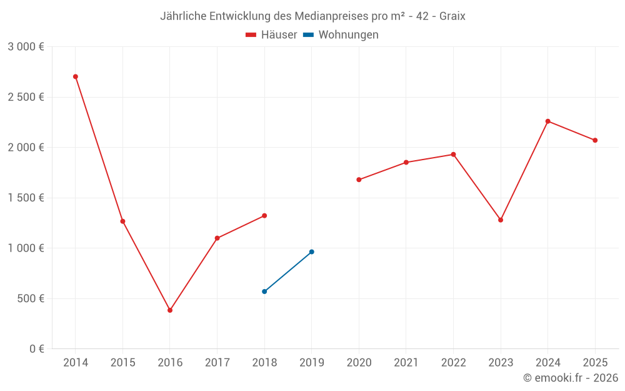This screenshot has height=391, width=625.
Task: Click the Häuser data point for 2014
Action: pyautogui.click(x=76, y=76)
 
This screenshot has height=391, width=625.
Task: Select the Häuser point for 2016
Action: pyautogui.click(x=170, y=310)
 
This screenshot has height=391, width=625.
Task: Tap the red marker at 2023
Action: pyautogui.click(x=501, y=220)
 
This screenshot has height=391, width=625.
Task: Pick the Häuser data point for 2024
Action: pyautogui.click(x=548, y=121)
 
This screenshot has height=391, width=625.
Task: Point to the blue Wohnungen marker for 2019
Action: pyautogui.click(x=312, y=251)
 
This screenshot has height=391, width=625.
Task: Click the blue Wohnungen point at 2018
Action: pyautogui.click(x=264, y=291)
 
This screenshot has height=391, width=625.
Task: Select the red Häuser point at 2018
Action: pyautogui.click(x=264, y=215)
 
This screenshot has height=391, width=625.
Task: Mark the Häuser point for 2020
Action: pyautogui.click(x=359, y=180)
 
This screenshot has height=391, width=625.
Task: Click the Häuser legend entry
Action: pyautogui.click(x=271, y=35)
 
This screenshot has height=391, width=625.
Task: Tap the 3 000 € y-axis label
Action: pyautogui.click(x=26, y=47)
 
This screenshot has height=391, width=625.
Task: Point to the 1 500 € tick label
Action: pyautogui.click(x=26, y=198)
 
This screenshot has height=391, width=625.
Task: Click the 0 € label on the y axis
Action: pyautogui.click(x=36, y=348)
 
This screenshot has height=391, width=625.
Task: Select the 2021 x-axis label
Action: pyautogui.click(x=406, y=362)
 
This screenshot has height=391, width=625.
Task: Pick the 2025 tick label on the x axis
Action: pyautogui.click(x=595, y=362)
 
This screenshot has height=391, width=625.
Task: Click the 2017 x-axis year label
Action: pyautogui.click(x=217, y=362)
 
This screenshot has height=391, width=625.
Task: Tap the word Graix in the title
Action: pyautogui.click(x=452, y=16)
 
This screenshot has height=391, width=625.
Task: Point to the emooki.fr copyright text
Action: pyautogui.click(x=571, y=378)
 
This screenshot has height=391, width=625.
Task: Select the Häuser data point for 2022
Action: pyautogui.click(x=453, y=154)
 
